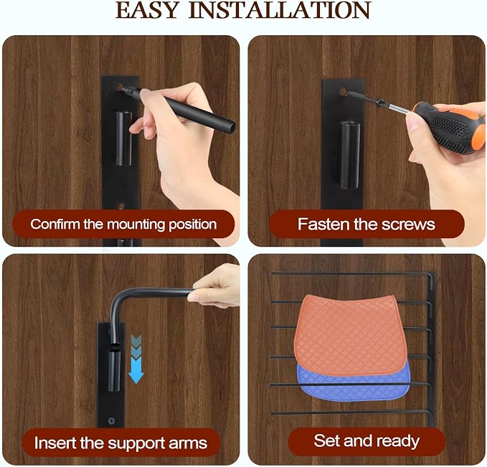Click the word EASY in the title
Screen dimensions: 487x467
(147, 10)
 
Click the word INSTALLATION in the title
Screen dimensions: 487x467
(280, 10)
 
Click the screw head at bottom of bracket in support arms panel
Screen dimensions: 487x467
(111, 420)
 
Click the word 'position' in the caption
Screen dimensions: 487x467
(192, 225)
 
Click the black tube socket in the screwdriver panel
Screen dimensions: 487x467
(350, 155)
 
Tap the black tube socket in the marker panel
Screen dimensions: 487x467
(123, 138)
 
